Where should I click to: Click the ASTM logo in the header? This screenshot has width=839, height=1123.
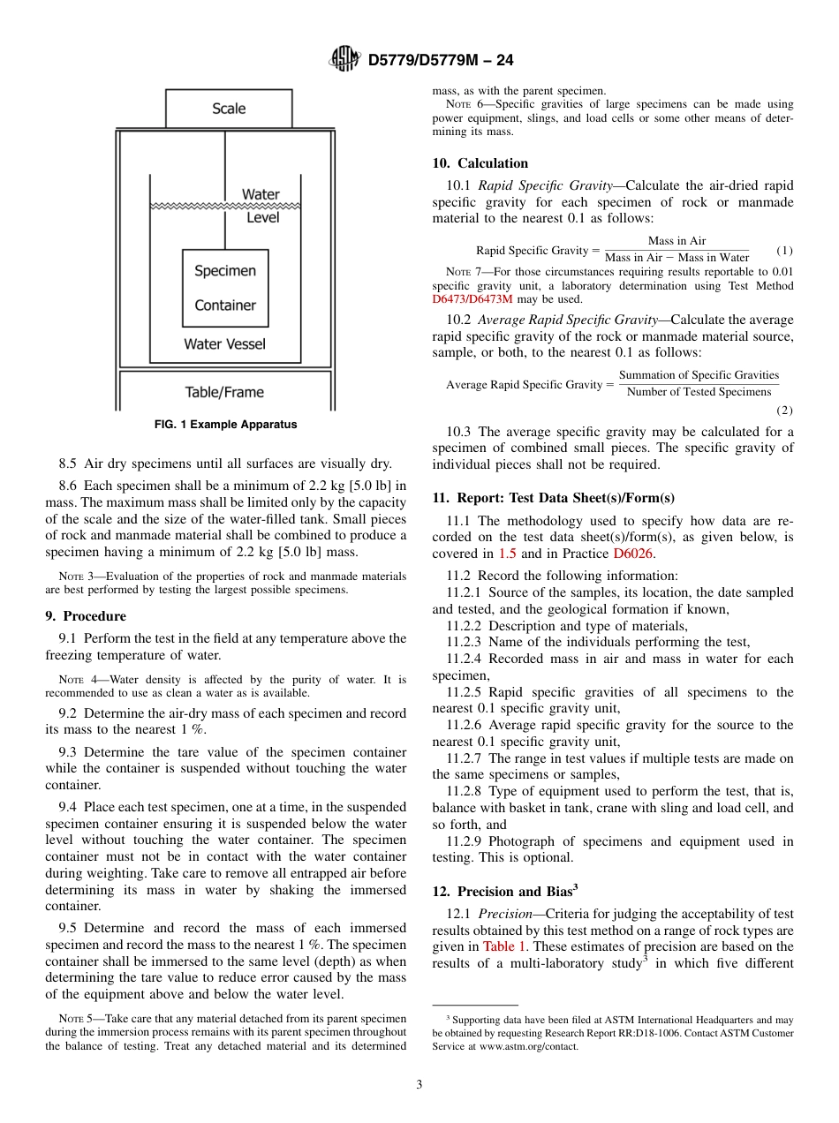[344, 60]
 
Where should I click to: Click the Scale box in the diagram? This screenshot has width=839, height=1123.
[229, 109]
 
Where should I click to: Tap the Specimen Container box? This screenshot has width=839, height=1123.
[225, 288]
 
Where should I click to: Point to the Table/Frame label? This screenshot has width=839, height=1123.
[224, 392]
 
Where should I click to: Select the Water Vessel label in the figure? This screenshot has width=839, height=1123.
[224, 344]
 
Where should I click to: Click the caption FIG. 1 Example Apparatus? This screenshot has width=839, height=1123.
[225, 425]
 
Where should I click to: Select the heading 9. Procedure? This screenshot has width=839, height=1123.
[86, 616]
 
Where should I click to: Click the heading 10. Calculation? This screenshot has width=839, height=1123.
[480, 163]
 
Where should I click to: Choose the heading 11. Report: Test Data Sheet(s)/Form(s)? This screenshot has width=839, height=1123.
[553, 498]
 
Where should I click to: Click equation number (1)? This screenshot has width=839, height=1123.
[784, 250]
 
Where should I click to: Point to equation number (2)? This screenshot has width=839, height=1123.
[784, 411]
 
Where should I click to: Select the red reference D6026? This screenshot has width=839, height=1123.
[634, 554]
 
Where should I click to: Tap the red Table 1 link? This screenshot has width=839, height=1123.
[505, 946]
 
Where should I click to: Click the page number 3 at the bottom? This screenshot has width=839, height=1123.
[419, 1085]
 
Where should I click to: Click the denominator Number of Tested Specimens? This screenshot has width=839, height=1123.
[699, 392]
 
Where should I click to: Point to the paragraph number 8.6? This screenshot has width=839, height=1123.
[69, 485]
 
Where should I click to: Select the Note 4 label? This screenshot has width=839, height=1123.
[71, 680]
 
